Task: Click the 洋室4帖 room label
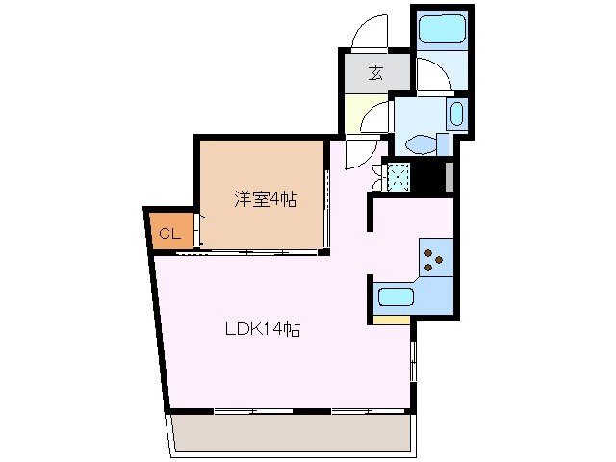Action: tap(265, 200)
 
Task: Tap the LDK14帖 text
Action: tap(263, 328)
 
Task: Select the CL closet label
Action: tap(168, 233)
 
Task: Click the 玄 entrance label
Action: tap(374, 73)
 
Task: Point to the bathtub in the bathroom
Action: tap(441, 30)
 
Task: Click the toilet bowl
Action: tap(420, 144)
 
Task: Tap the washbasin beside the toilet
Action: tap(456, 116)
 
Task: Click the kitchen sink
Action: tap(395, 296)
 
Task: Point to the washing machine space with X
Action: tap(398, 176)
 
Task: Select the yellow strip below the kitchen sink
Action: tap(392, 320)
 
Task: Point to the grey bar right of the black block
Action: tap(449, 177)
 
